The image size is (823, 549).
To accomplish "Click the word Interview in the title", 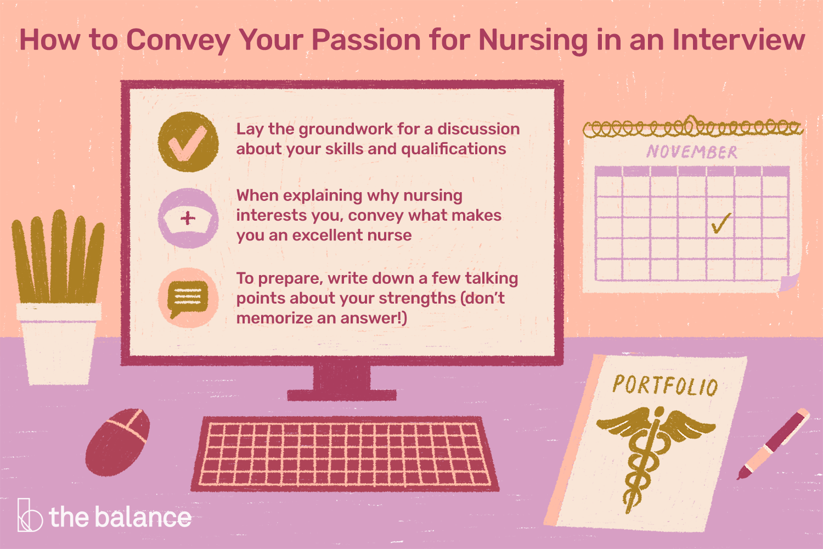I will pos(738,40).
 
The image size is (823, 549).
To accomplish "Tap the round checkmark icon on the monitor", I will pos(188,142).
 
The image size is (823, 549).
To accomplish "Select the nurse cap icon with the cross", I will pos(188,218).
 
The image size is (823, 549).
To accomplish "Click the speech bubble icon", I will pos(188,298).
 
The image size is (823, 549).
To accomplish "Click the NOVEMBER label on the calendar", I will pos(691,152).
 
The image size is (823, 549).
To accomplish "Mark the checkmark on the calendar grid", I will pos(720,223).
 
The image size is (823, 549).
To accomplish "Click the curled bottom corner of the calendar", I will pos(789,283).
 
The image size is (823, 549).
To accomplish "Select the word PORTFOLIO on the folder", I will pos(665,385).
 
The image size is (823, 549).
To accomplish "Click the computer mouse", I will pos(118,441).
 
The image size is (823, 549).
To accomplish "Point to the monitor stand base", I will pos(341,394).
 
